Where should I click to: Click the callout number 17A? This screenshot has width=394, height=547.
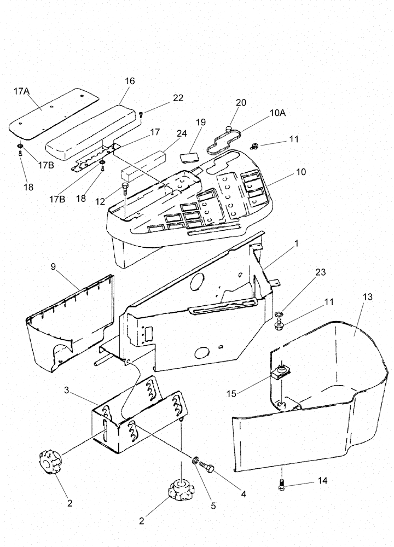(21, 92)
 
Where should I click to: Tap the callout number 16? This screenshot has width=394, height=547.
(129, 81)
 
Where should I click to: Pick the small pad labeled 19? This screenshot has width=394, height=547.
(189, 156)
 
